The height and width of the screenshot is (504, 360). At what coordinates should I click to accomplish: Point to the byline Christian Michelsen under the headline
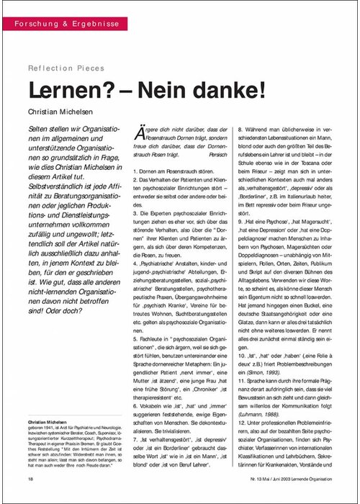(64, 113)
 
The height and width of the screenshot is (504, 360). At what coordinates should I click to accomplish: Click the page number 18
(30, 478)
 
